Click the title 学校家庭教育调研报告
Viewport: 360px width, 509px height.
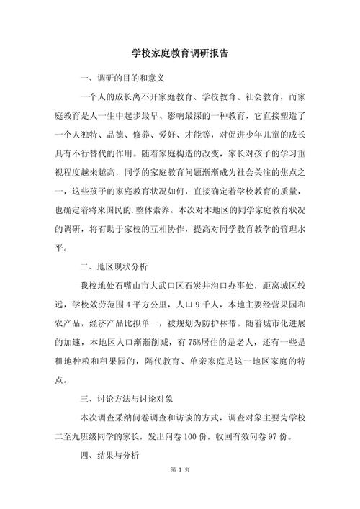pyautogui.click(x=181, y=54)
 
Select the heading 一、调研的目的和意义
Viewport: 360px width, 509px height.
pyautogui.click(x=123, y=77)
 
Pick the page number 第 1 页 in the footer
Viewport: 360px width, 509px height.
pyautogui.click(x=180, y=489)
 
